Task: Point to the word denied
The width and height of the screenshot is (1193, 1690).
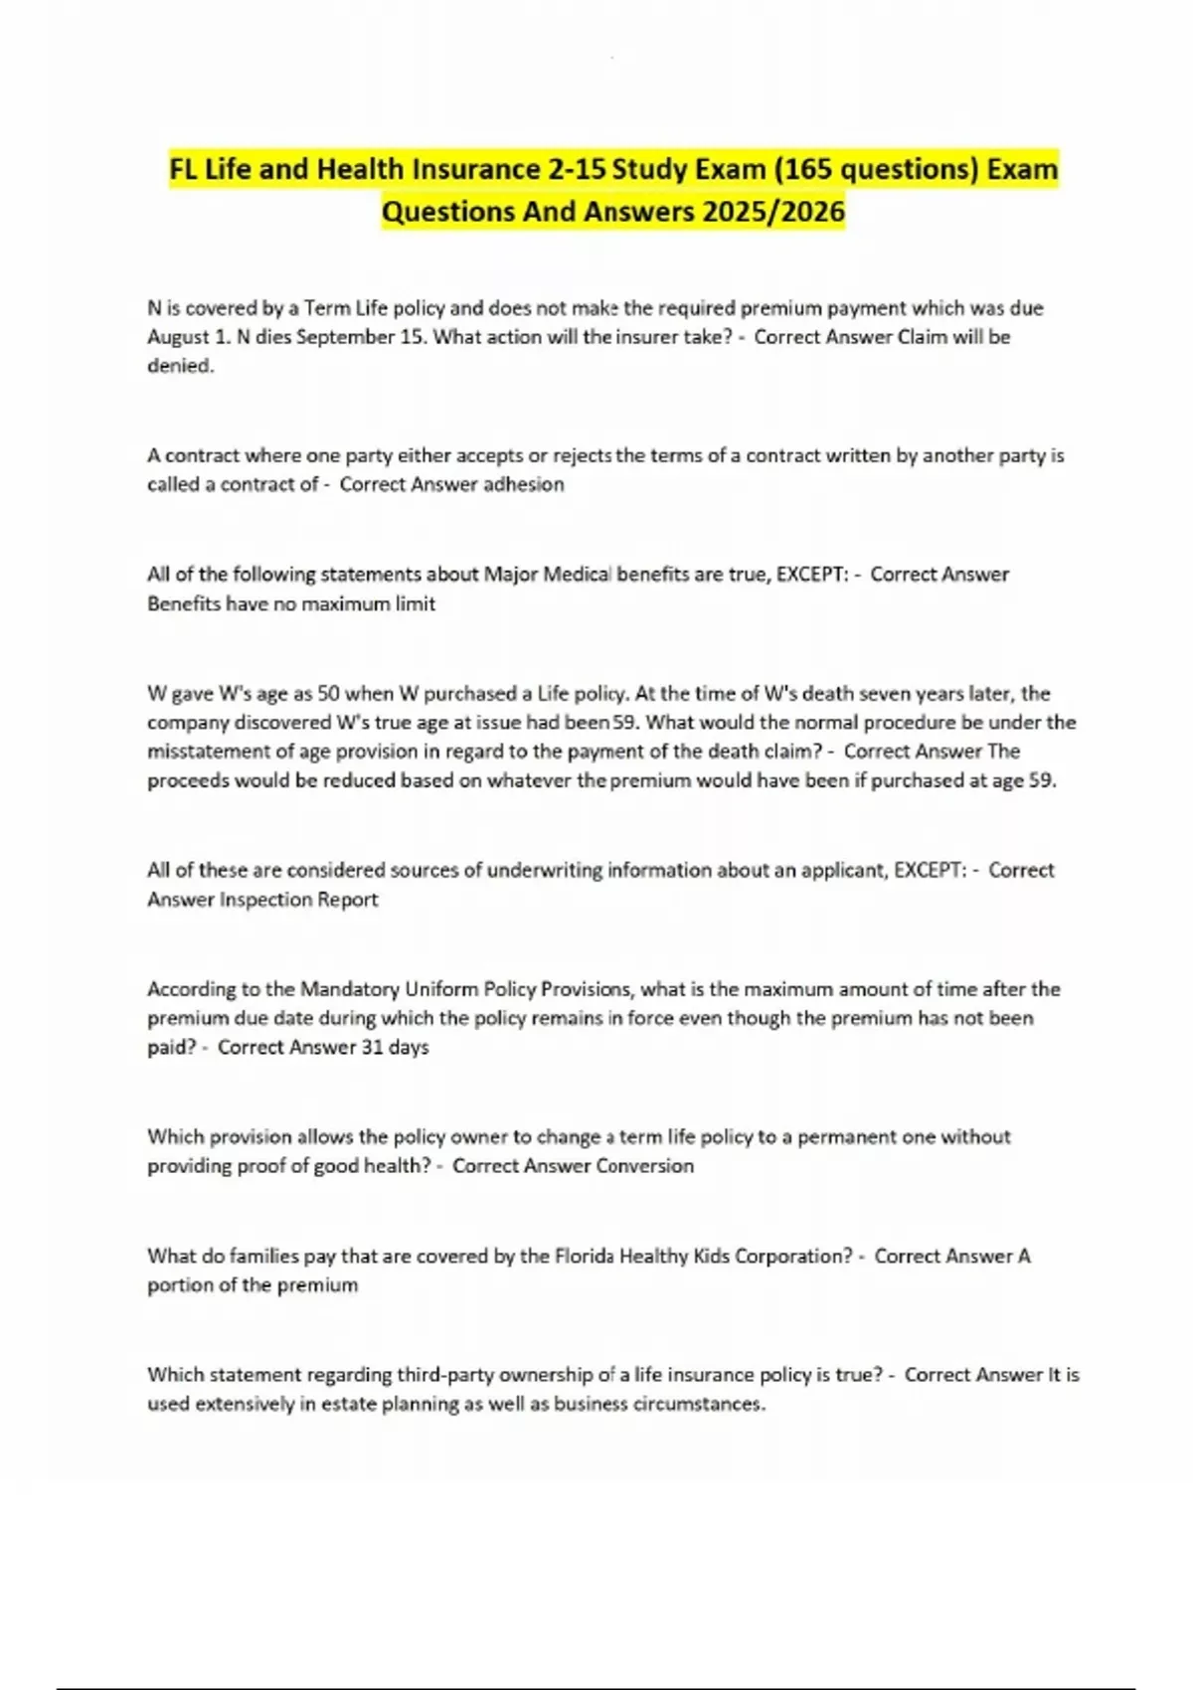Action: coord(180,366)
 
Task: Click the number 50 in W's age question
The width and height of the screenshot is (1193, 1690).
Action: coord(328,693)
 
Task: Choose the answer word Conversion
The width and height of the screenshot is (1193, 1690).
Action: coord(643,1166)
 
